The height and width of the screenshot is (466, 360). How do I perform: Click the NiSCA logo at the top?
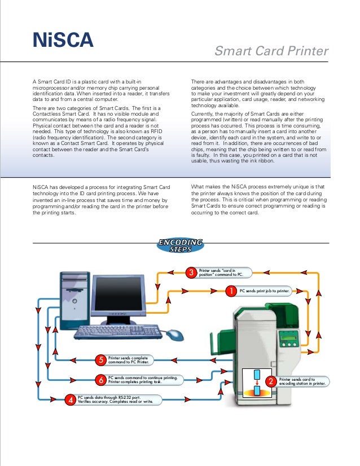(x=62, y=41)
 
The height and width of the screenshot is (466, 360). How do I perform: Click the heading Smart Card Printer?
(x=271, y=52)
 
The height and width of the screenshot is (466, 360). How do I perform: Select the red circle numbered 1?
(x=231, y=291)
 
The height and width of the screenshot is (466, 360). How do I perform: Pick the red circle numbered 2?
(x=270, y=382)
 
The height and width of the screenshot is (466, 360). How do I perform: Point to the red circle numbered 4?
(x=71, y=400)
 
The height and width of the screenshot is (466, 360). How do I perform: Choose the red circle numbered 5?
(x=100, y=359)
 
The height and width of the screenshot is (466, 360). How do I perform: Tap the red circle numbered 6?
(x=100, y=380)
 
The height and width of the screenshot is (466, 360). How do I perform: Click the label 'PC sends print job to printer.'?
(x=265, y=291)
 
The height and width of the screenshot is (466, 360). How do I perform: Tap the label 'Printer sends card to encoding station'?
(x=300, y=382)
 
